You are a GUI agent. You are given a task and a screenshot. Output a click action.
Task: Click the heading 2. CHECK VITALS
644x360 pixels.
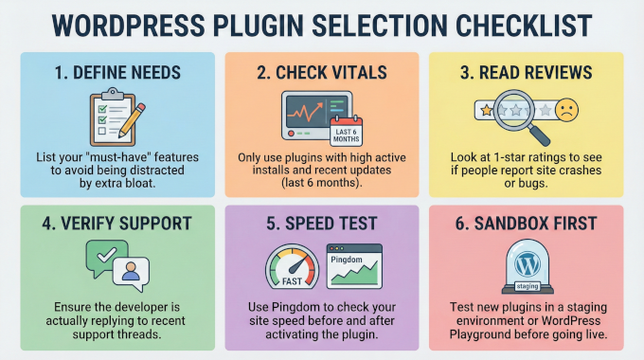(321, 74)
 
